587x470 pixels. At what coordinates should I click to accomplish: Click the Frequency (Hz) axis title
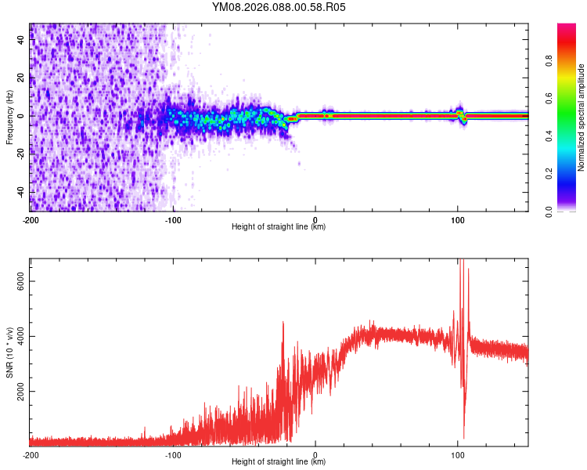(x=9, y=117)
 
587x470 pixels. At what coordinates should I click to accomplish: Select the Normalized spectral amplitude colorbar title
(x=582, y=117)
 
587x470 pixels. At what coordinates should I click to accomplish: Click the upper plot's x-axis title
(x=279, y=226)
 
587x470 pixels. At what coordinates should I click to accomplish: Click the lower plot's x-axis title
(x=279, y=461)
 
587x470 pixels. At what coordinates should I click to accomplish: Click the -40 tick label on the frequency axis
(x=19, y=193)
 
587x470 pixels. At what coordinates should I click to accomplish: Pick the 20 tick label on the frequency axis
(x=20, y=78)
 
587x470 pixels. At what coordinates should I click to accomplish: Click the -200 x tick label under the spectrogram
(x=31, y=219)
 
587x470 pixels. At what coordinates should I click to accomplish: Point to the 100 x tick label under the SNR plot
(x=458, y=454)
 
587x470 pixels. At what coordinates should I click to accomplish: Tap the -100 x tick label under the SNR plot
(x=173, y=454)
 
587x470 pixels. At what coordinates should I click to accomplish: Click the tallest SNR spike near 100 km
(x=461, y=262)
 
